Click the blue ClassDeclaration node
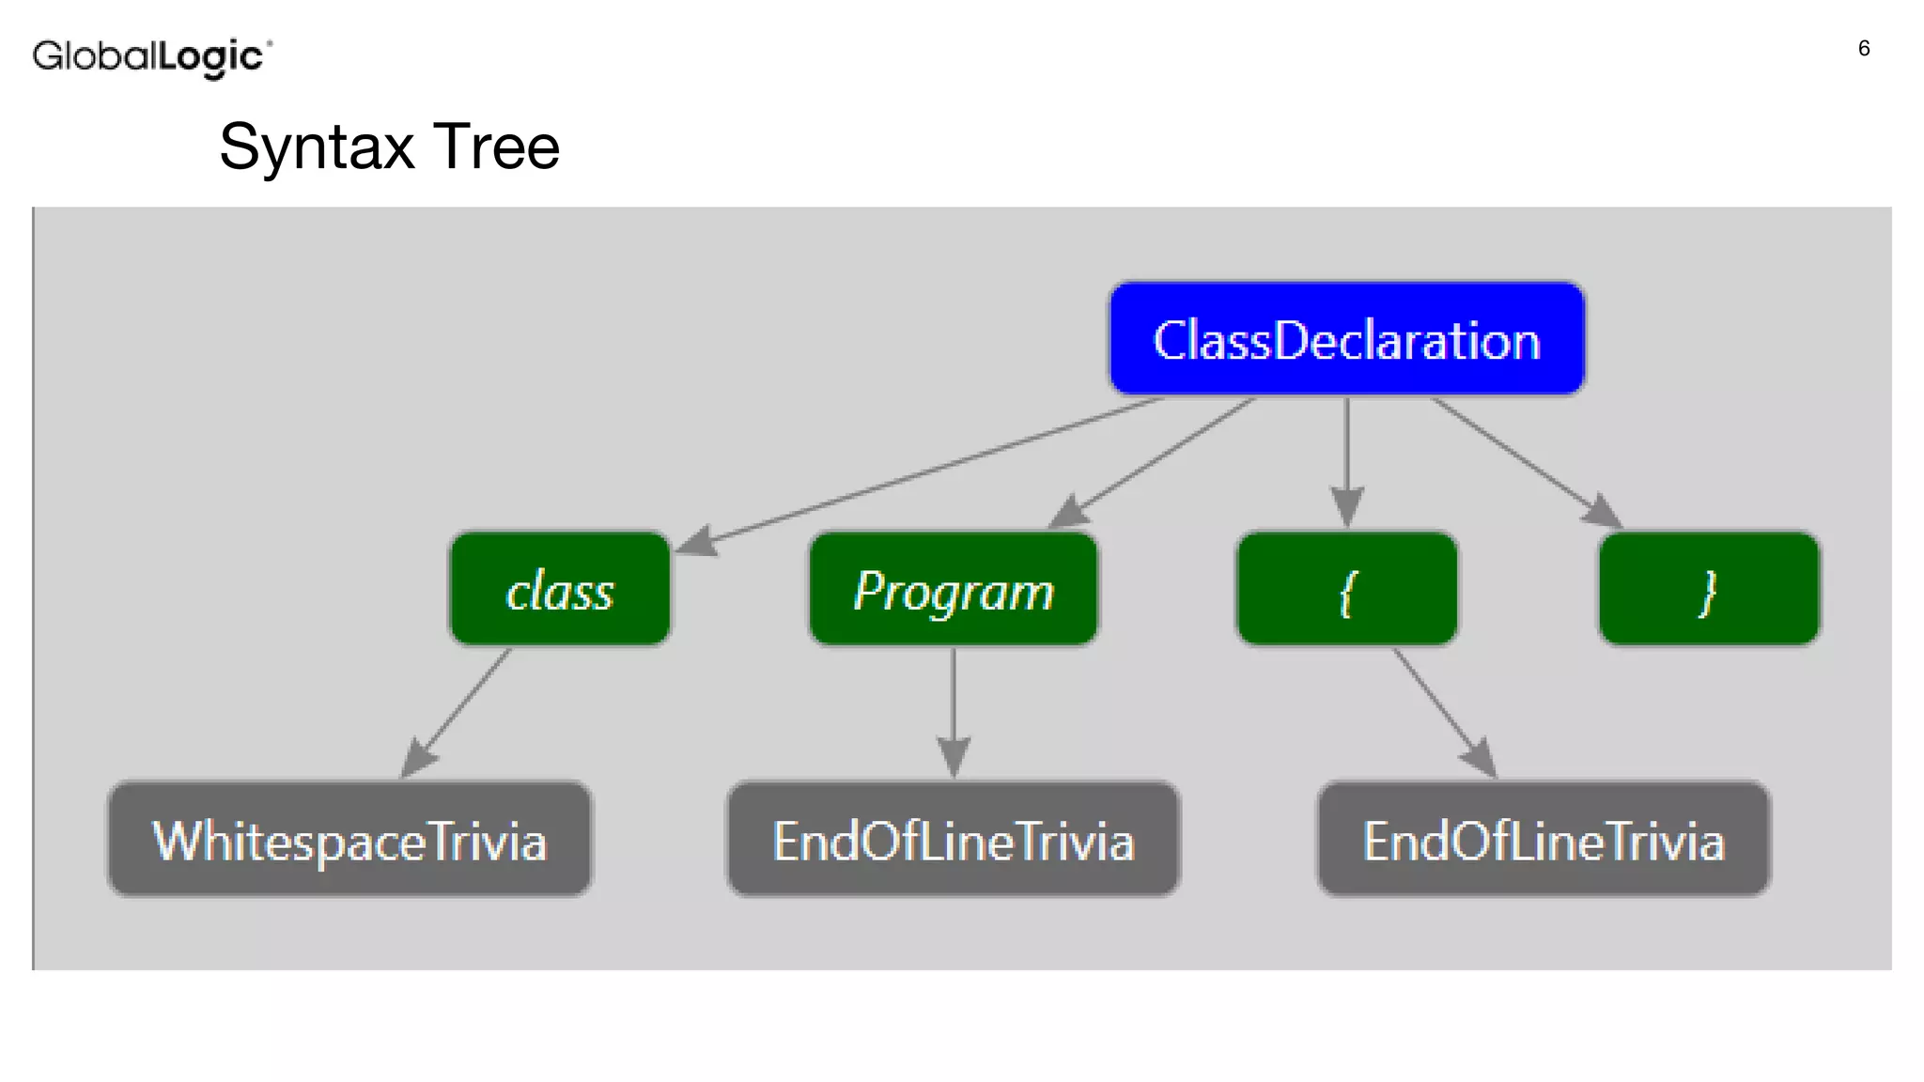pyautogui.click(x=1346, y=339)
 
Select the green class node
pyautogui.click(x=560, y=590)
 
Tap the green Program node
pyautogui.click(x=953, y=590)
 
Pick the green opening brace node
pyautogui.click(x=1346, y=590)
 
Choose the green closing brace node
pyautogui.click(x=1708, y=590)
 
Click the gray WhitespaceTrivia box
pyautogui.click(x=349, y=840)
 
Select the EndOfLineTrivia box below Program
pyautogui.click(x=953, y=840)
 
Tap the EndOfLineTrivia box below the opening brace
pyautogui.click(x=1543, y=840)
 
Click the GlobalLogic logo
pyautogui.click(x=151, y=57)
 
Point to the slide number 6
pyautogui.click(x=1864, y=49)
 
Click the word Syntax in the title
pyautogui.click(x=317, y=147)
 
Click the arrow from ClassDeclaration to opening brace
pyautogui.click(x=1346, y=460)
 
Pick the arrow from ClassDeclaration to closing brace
pyautogui.click(x=1522, y=459)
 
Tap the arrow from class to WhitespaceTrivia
pyautogui.click(x=458, y=711)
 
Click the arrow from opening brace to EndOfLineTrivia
pyautogui.click(x=1442, y=711)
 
